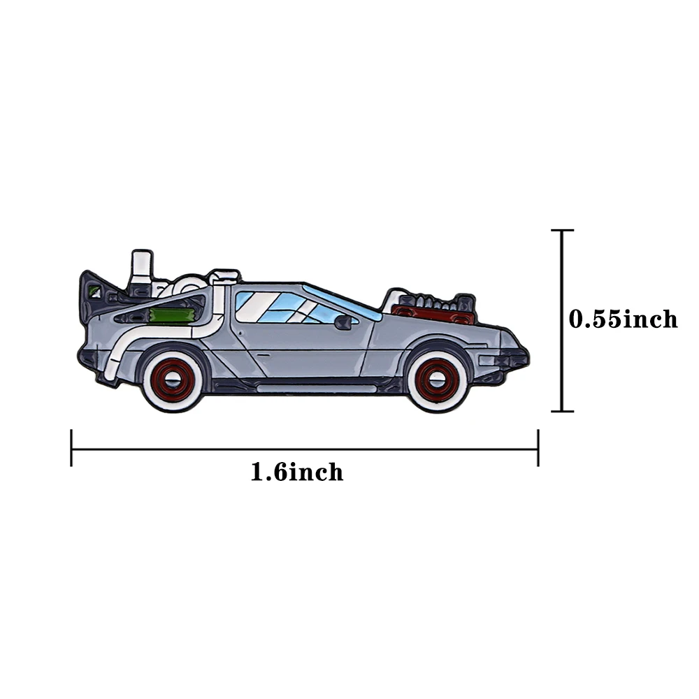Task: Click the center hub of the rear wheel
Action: (x=172, y=380)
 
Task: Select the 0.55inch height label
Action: (x=623, y=319)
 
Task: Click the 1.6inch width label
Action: (x=297, y=473)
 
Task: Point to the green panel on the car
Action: (x=172, y=315)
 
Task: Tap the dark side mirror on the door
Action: (x=343, y=322)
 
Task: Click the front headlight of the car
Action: (x=510, y=359)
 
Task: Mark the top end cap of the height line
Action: (x=562, y=230)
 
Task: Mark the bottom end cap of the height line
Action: (x=562, y=411)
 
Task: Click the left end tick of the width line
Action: (x=71, y=448)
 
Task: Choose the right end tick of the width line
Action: (x=538, y=448)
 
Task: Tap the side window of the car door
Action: (x=280, y=308)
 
